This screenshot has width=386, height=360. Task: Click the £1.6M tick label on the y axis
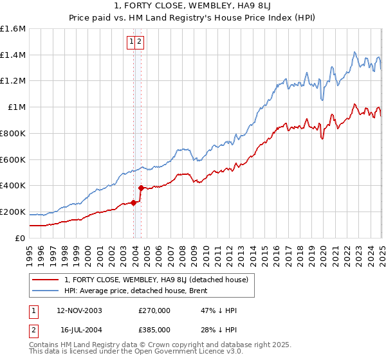click(13, 29)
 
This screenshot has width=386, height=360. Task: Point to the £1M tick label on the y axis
click(17, 107)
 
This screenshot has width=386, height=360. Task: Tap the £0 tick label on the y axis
click(21, 238)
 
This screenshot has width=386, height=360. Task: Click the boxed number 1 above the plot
click(131, 42)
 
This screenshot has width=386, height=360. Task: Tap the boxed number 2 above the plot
click(139, 42)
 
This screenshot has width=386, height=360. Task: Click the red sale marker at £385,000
click(141, 188)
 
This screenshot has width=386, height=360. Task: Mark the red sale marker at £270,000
click(133, 203)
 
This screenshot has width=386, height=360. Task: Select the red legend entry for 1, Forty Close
click(151, 279)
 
